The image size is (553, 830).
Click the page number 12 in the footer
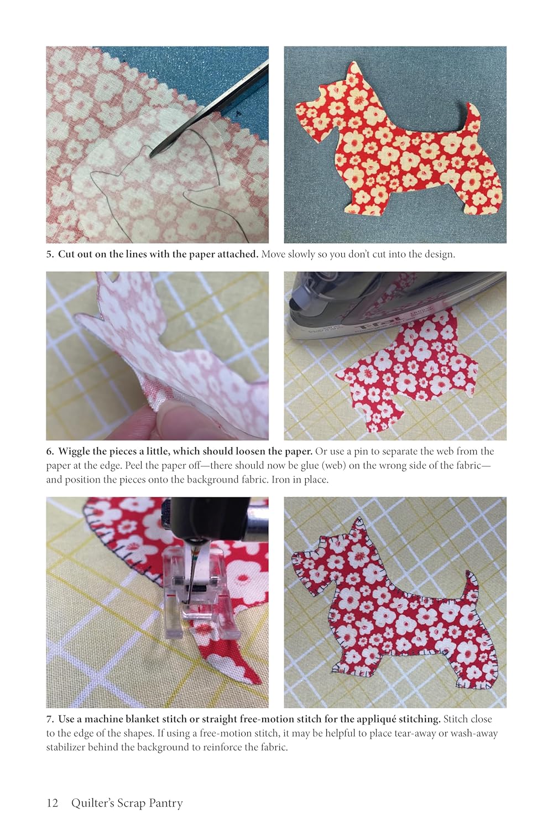52,802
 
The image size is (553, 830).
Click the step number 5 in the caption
50,254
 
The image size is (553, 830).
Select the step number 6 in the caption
50,452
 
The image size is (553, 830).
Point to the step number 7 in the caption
50,719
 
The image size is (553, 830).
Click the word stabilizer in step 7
65,747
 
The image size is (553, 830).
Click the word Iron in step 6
280,480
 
